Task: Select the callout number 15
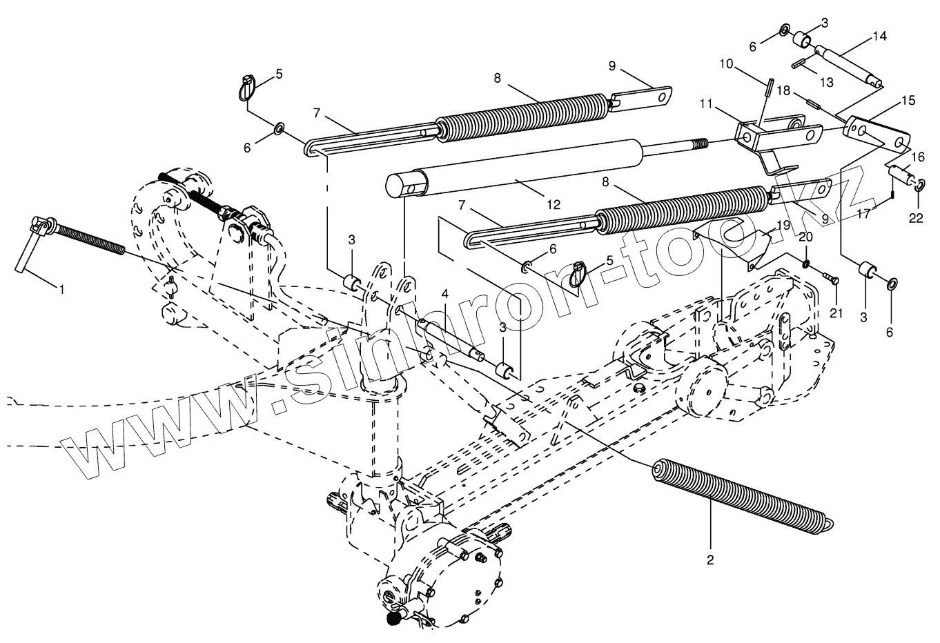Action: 908,101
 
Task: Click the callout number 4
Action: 445,293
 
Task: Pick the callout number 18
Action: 783,90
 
